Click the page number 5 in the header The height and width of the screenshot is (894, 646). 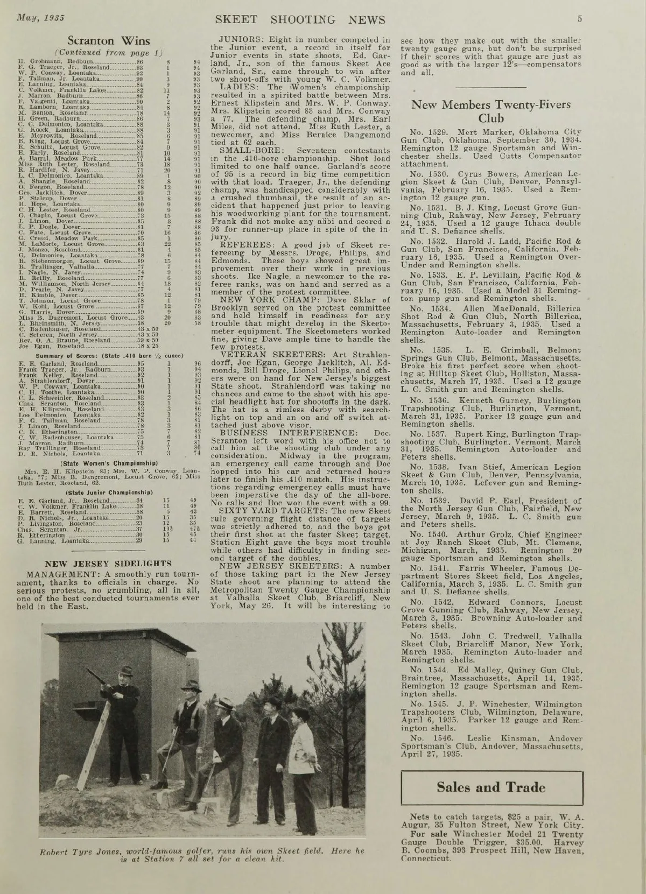(x=580, y=19)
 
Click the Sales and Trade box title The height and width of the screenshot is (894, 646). (x=491, y=787)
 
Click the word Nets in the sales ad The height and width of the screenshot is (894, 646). (x=420, y=816)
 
